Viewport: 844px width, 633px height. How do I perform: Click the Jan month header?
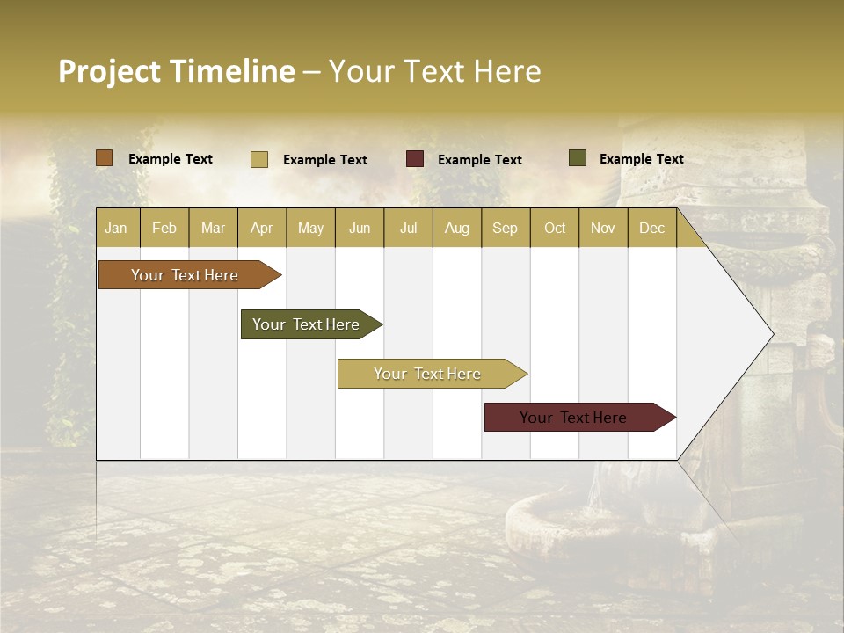point(117,228)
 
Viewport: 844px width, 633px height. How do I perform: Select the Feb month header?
point(164,228)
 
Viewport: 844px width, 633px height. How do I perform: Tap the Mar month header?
point(213,228)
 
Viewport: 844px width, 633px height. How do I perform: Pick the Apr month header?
point(262,228)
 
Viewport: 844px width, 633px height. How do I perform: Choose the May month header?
point(310,228)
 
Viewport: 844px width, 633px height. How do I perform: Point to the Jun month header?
point(360,228)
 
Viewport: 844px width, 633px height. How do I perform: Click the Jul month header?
point(408,228)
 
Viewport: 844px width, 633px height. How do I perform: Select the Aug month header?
point(457,228)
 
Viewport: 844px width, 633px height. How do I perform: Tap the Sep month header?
point(506,228)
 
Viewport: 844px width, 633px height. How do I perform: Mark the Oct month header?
point(555,228)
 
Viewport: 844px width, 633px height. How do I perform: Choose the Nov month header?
point(603,228)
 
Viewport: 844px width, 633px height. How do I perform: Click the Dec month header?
point(652,228)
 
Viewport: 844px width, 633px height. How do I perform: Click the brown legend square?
point(105,158)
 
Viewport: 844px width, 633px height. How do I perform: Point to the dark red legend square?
point(415,159)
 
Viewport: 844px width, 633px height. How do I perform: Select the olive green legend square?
point(578,158)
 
